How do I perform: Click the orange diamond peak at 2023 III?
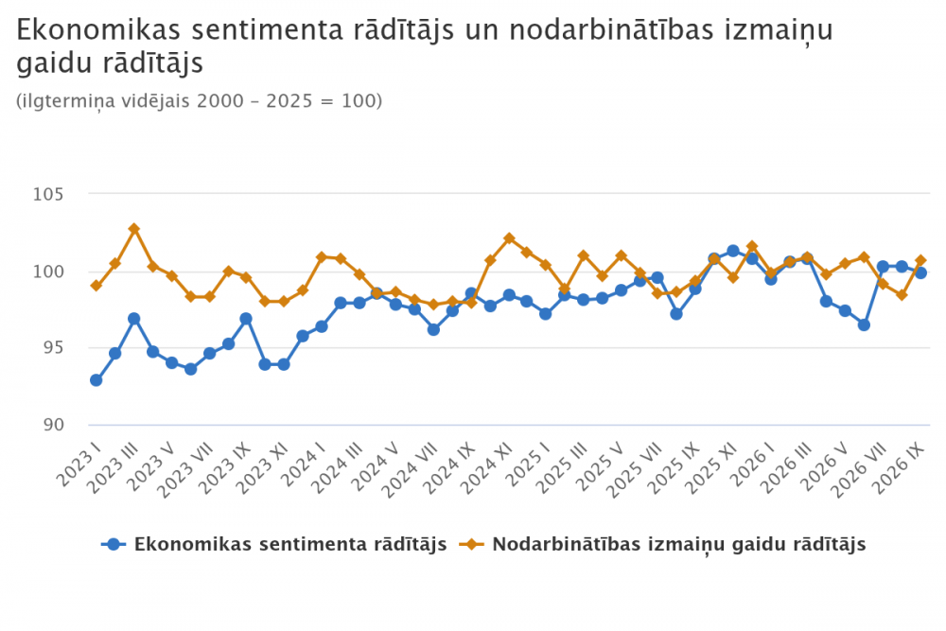click(x=134, y=229)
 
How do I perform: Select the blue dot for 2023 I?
click(x=96, y=380)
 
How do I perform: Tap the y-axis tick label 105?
click(x=48, y=194)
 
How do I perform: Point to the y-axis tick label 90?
click(x=53, y=425)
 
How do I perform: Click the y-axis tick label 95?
click(x=53, y=348)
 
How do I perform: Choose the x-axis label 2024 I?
click(x=305, y=464)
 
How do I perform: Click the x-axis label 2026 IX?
click(x=899, y=468)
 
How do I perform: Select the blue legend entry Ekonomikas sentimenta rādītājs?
click(x=274, y=544)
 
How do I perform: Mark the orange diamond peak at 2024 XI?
click(x=509, y=238)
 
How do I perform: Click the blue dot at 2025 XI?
click(x=733, y=251)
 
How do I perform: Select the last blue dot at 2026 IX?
click(x=920, y=272)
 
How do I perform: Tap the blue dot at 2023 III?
click(x=134, y=319)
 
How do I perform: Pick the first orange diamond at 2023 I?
click(x=96, y=286)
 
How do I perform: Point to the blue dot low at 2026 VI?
click(x=864, y=324)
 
